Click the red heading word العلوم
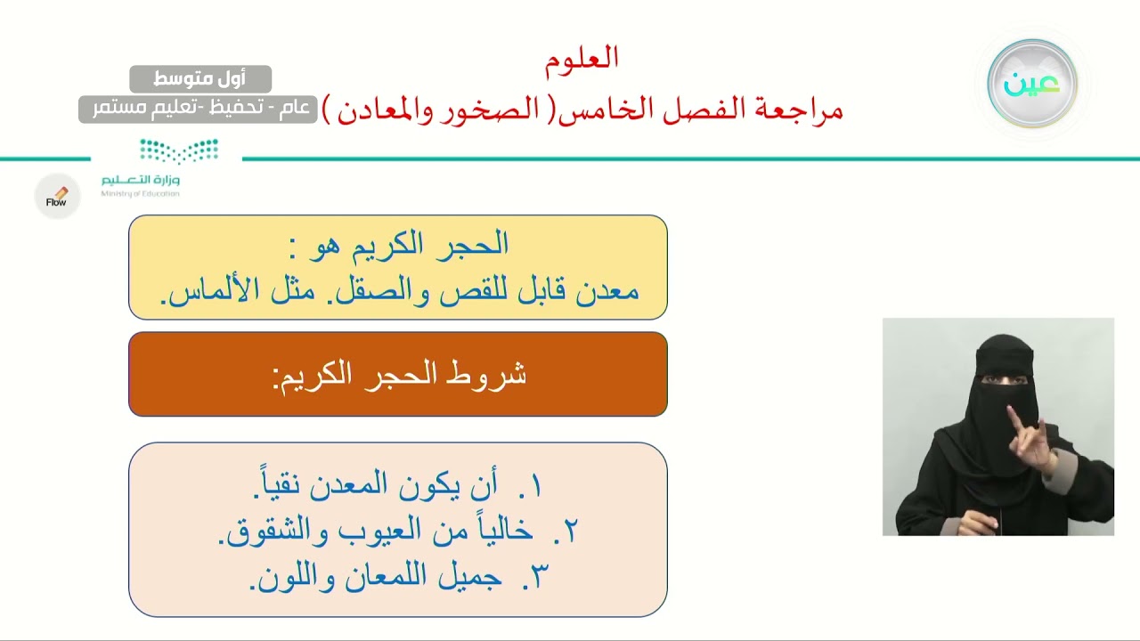[x=582, y=59]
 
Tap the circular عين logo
[x=1032, y=84]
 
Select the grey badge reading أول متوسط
[x=200, y=79]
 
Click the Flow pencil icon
[x=57, y=197]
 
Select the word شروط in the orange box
[x=484, y=375]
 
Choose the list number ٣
[x=534, y=578]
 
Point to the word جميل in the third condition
[x=470, y=578]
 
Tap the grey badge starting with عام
[x=198, y=109]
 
